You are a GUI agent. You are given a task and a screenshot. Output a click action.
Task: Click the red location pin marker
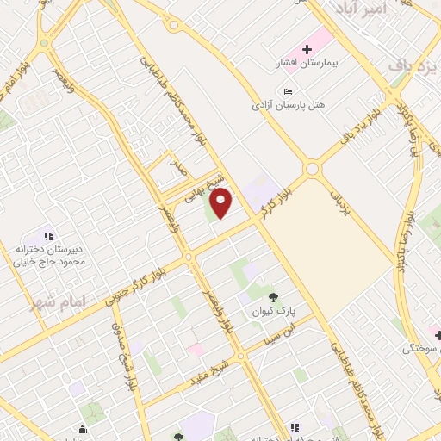click(x=222, y=202)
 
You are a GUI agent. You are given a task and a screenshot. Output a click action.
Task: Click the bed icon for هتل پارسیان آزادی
click(x=288, y=91)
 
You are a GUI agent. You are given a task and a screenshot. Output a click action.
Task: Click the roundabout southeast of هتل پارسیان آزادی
click(x=312, y=170)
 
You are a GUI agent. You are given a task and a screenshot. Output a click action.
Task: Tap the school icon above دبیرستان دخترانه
click(x=49, y=235)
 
